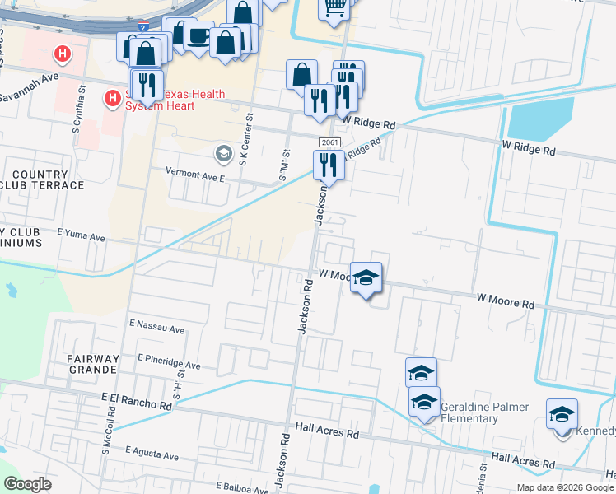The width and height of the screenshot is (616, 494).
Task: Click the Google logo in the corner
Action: [27, 484]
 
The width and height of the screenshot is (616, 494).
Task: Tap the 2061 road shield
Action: [328, 142]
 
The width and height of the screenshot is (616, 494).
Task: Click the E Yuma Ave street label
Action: [81, 237]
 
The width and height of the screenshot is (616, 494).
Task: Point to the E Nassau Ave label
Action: [156, 329]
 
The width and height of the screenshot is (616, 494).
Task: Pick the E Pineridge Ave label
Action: [170, 362]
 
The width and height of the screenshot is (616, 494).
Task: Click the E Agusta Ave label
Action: [152, 455]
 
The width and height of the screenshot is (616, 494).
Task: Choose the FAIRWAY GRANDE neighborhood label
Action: [93, 364]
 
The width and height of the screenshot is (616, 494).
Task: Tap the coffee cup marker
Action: [198, 36]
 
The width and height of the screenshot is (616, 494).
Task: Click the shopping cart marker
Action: [334, 8]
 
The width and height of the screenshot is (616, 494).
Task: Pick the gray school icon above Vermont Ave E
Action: [223, 153]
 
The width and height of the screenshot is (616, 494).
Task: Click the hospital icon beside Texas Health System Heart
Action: [112, 100]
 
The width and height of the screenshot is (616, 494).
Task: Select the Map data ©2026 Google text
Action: [565, 487]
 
